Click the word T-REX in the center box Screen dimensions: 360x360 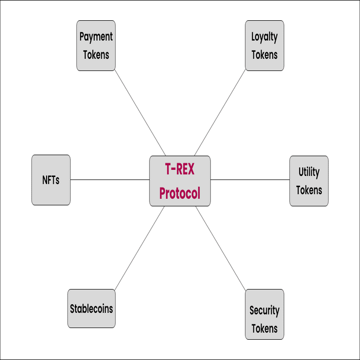click(179, 170)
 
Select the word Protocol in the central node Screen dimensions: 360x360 click(179, 193)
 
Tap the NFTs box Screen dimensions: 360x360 click(51, 180)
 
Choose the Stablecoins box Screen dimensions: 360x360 click(91, 308)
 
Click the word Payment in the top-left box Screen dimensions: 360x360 click(96, 37)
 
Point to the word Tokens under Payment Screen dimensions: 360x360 click(96, 54)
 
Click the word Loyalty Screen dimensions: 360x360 click(264, 37)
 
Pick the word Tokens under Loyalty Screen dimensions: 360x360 click(264, 54)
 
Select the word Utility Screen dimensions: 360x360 click(309, 172)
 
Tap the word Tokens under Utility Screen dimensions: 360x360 click(309, 190)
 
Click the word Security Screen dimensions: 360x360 click(264, 310)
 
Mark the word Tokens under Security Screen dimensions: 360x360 click(264, 328)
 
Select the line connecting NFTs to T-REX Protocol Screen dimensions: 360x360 click(110, 179)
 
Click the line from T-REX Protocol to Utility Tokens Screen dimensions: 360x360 click(250, 179)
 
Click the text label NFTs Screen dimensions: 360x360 click(51, 180)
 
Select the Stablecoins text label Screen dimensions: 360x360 click(91, 308)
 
